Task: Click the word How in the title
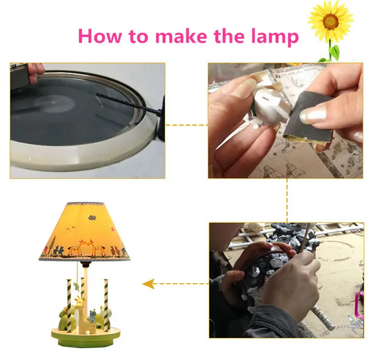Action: (100, 36)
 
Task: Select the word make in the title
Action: (181, 36)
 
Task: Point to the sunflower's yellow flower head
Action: (330, 20)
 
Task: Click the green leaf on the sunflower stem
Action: (334, 52)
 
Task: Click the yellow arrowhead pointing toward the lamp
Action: (148, 284)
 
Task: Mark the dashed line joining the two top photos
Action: (186, 125)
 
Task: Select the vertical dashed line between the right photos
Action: (287, 200)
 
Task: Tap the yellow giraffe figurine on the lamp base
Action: (82, 313)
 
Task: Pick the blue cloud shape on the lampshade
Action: (92, 218)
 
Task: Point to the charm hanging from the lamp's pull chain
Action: (77, 286)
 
